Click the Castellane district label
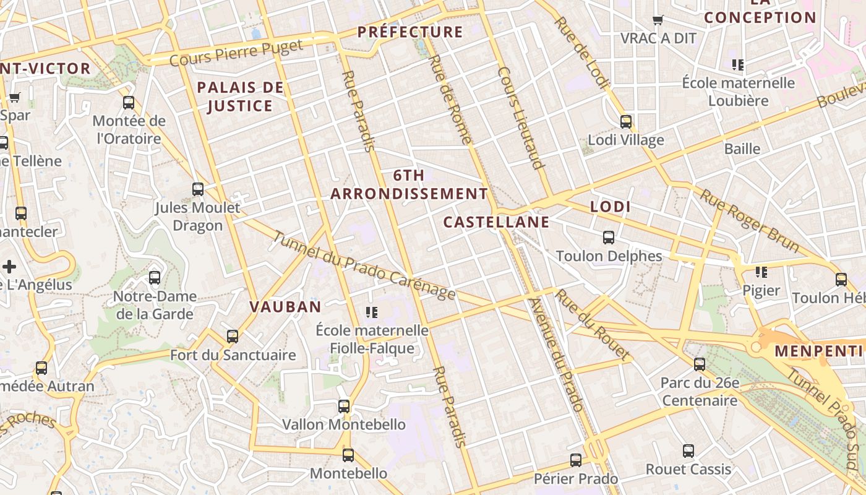click(497, 222)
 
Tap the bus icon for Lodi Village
click(626, 122)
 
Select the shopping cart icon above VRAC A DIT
click(658, 20)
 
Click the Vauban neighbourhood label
click(285, 306)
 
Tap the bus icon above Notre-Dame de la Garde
click(155, 278)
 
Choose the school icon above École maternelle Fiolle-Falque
click(372, 312)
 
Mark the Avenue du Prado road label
click(556, 355)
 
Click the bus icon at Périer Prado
click(576, 460)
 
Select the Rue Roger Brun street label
click(749, 221)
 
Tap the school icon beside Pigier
click(761, 272)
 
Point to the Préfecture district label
click(410, 32)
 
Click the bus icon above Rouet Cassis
click(688, 451)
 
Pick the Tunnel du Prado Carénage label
click(364, 266)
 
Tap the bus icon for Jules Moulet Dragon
click(198, 189)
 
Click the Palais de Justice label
click(240, 97)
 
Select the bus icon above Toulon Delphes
click(609, 238)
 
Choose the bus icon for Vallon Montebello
click(344, 407)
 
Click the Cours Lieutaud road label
click(520, 118)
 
